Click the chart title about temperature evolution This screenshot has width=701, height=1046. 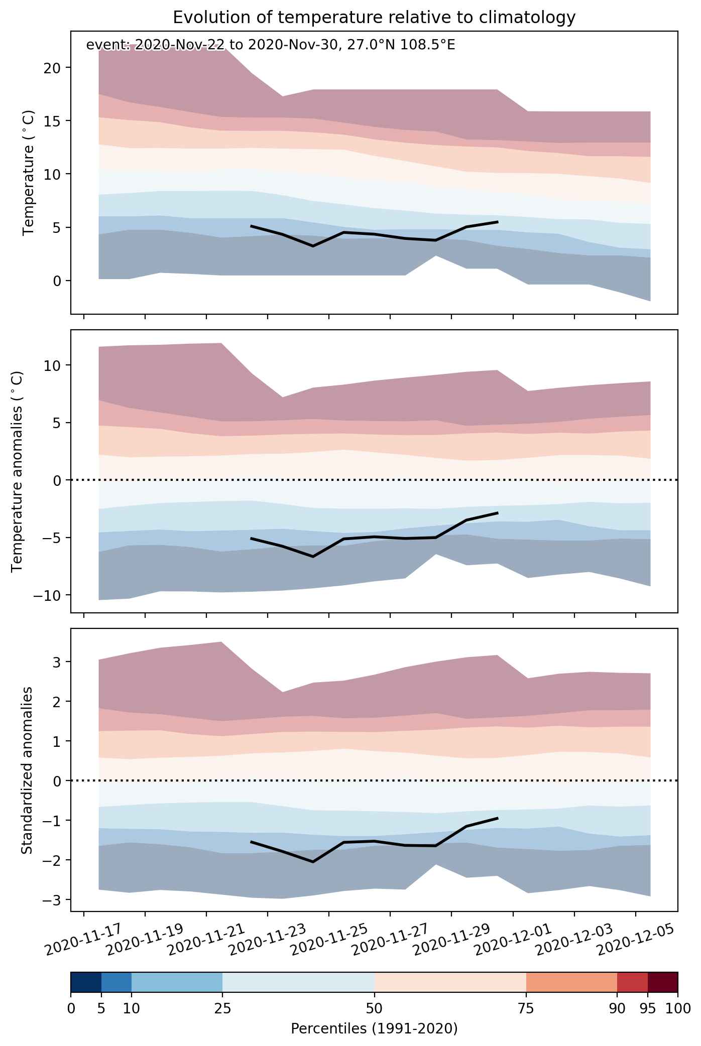point(374,18)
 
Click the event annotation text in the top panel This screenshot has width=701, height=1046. point(271,45)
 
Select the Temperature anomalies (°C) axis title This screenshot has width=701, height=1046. point(17,471)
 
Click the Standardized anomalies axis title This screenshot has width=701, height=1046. point(27,770)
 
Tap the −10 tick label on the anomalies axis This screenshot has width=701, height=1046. point(49,595)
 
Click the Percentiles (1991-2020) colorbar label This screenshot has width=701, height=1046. point(374,1029)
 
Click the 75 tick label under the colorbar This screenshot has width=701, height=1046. point(526,1008)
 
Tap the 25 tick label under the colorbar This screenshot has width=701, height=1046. point(222,1008)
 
